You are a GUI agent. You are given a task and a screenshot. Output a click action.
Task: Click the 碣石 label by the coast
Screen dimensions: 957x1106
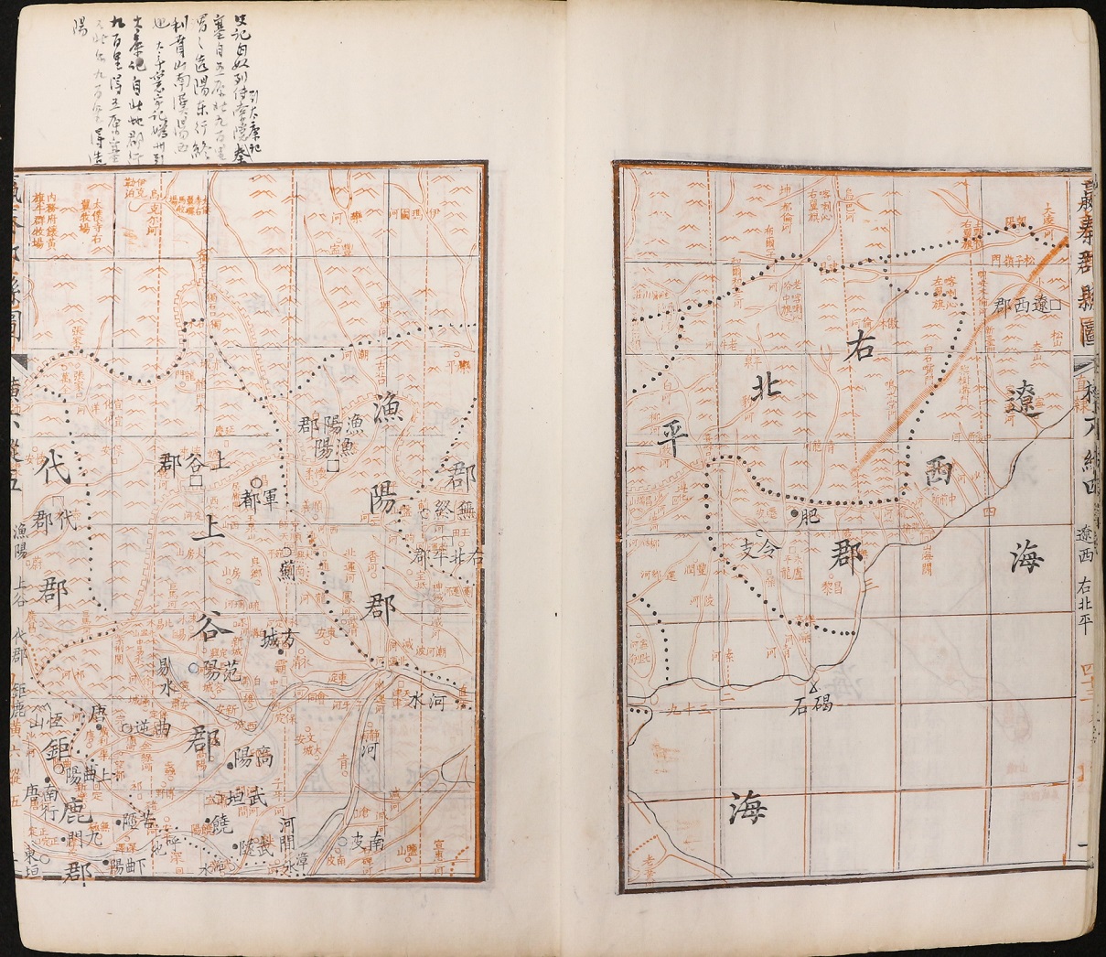811,705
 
